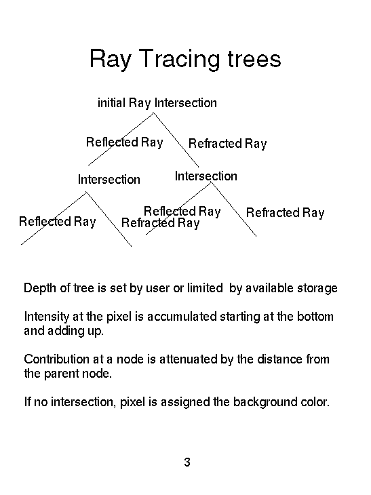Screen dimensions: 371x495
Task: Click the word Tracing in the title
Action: (179, 59)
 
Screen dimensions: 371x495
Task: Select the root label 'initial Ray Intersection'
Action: (157, 103)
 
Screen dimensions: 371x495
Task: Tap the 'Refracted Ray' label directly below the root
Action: (227, 144)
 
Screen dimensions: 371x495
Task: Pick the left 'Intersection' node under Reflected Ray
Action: (109, 179)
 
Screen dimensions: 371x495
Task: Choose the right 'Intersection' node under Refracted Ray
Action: (206, 176)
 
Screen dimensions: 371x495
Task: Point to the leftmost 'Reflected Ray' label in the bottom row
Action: (57, 222)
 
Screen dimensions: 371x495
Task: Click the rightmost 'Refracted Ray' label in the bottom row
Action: (285, 213)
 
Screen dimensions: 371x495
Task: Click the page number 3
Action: (187, 462)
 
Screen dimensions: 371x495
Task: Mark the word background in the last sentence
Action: (265, 402)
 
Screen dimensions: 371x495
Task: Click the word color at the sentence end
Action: (315, 402)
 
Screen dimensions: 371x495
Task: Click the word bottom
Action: (315, 316)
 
